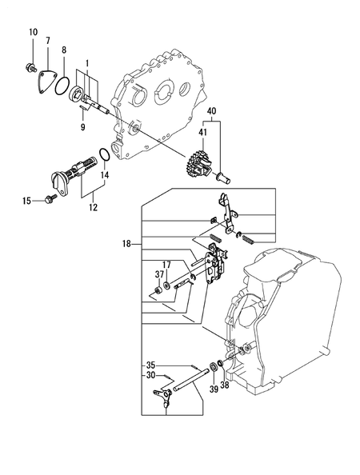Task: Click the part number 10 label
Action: point(33,32)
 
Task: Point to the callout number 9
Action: point(82,125)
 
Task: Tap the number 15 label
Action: point(26,201)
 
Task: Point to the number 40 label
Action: point(212,110)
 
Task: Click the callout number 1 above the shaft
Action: point(87,62)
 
